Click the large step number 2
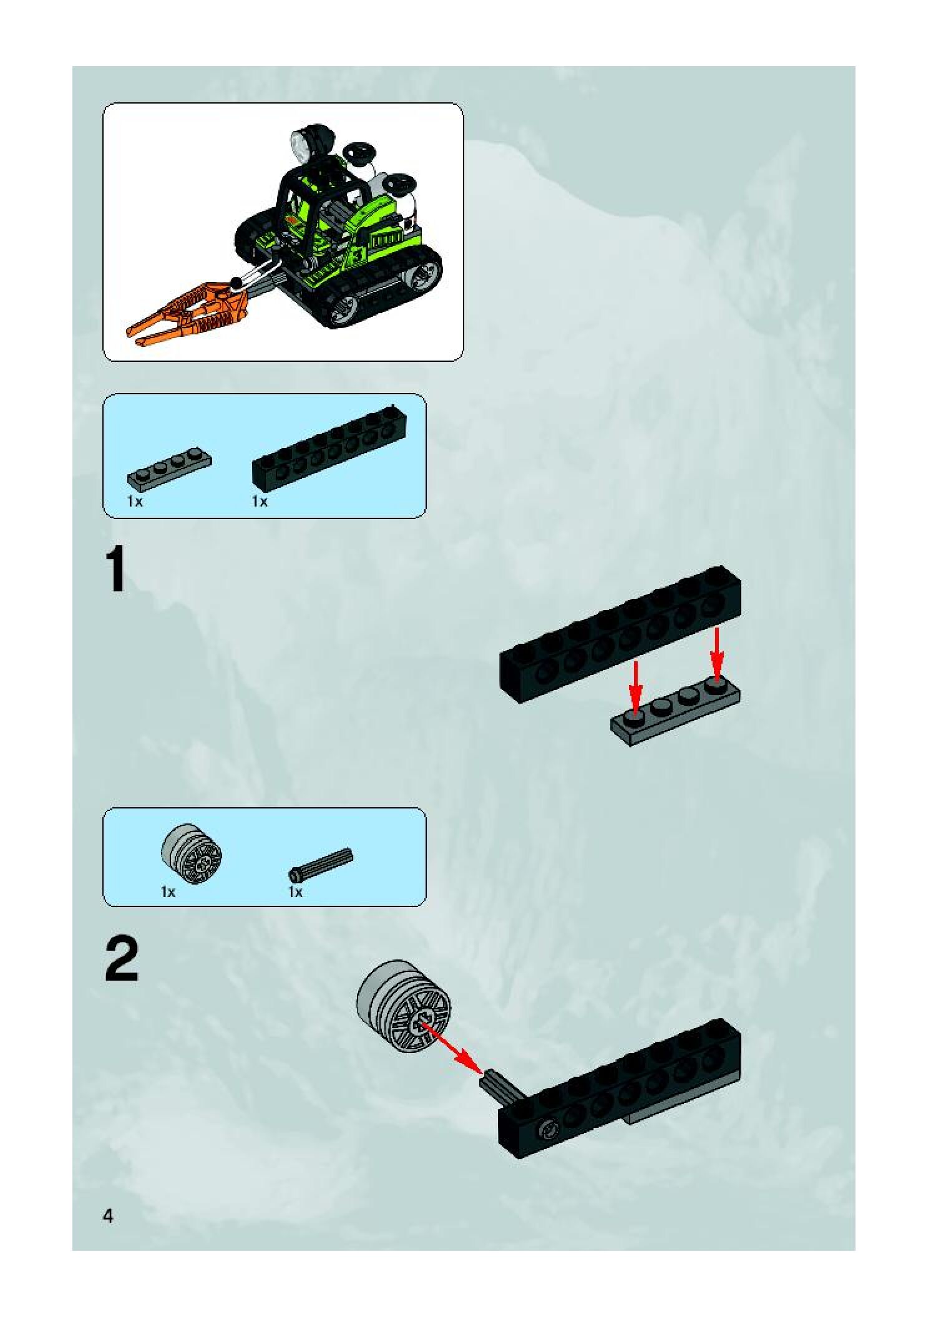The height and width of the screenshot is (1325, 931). [x=122, y=961]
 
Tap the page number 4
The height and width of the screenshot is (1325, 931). [x=109, y=1216]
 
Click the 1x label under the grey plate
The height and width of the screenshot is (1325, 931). [x=135, y=501]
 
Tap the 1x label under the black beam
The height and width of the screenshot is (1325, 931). [x=260, y=501]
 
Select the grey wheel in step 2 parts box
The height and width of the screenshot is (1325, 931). [x=192, y=852]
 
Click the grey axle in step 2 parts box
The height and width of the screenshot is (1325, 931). [x=321, y=864]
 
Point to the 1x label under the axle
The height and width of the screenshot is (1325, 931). [x=295, y=892]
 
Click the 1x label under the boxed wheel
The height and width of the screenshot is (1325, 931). [x=168, y=892]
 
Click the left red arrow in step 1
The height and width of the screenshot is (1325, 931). [x=635, y=687]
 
